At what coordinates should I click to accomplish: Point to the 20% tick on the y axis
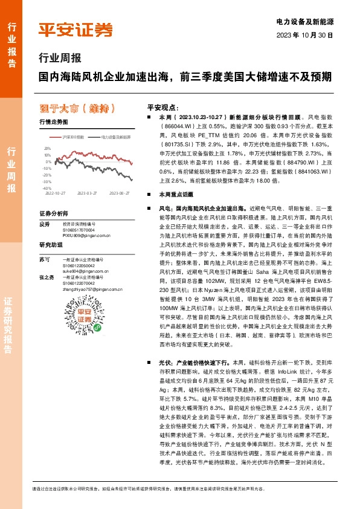pyautogui.click(x=47, y=148)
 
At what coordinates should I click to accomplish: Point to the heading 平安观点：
pyautogui.click(x=162, y=105)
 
